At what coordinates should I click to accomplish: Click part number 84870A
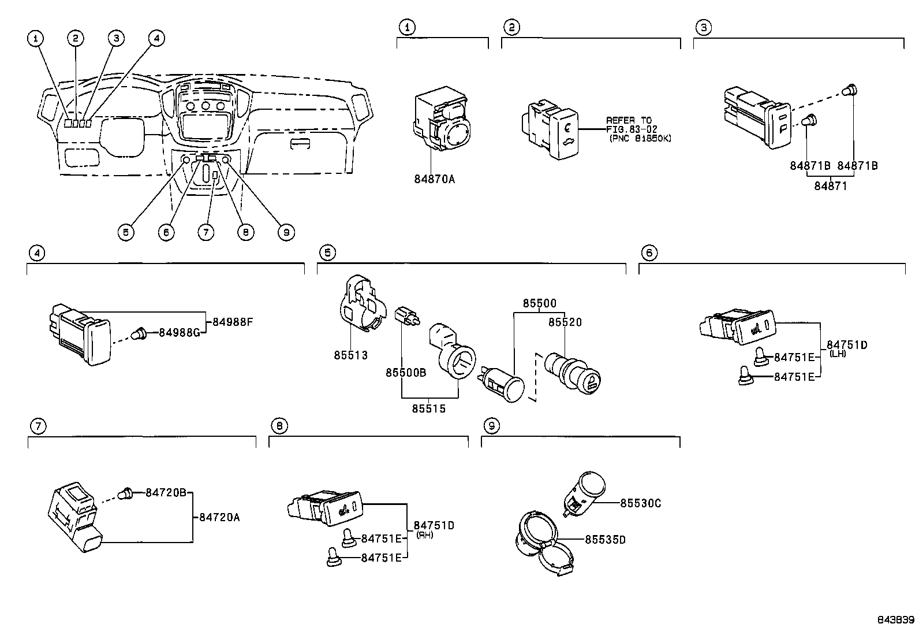[x=434, y=179]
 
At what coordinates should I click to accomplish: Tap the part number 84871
[x=831, y=185]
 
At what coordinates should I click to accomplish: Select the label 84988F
[x=233, y=322]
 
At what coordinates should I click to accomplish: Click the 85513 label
[x=350, y=355]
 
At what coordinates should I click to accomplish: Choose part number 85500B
[x=406, y=373]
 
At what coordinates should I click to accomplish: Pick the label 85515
[x=428, y=409]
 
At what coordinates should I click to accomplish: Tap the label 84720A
[x=219, y=518]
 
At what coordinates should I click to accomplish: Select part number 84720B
[x=166, y=492]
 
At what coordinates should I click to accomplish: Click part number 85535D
[x=605, y=540]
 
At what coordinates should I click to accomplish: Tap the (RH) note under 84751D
[x=425, y=535]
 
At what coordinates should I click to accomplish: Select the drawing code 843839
[x=896, y=620]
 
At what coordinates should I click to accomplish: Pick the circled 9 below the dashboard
[x=285, y=232]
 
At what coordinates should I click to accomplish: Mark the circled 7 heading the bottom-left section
[x=37, y=426]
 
